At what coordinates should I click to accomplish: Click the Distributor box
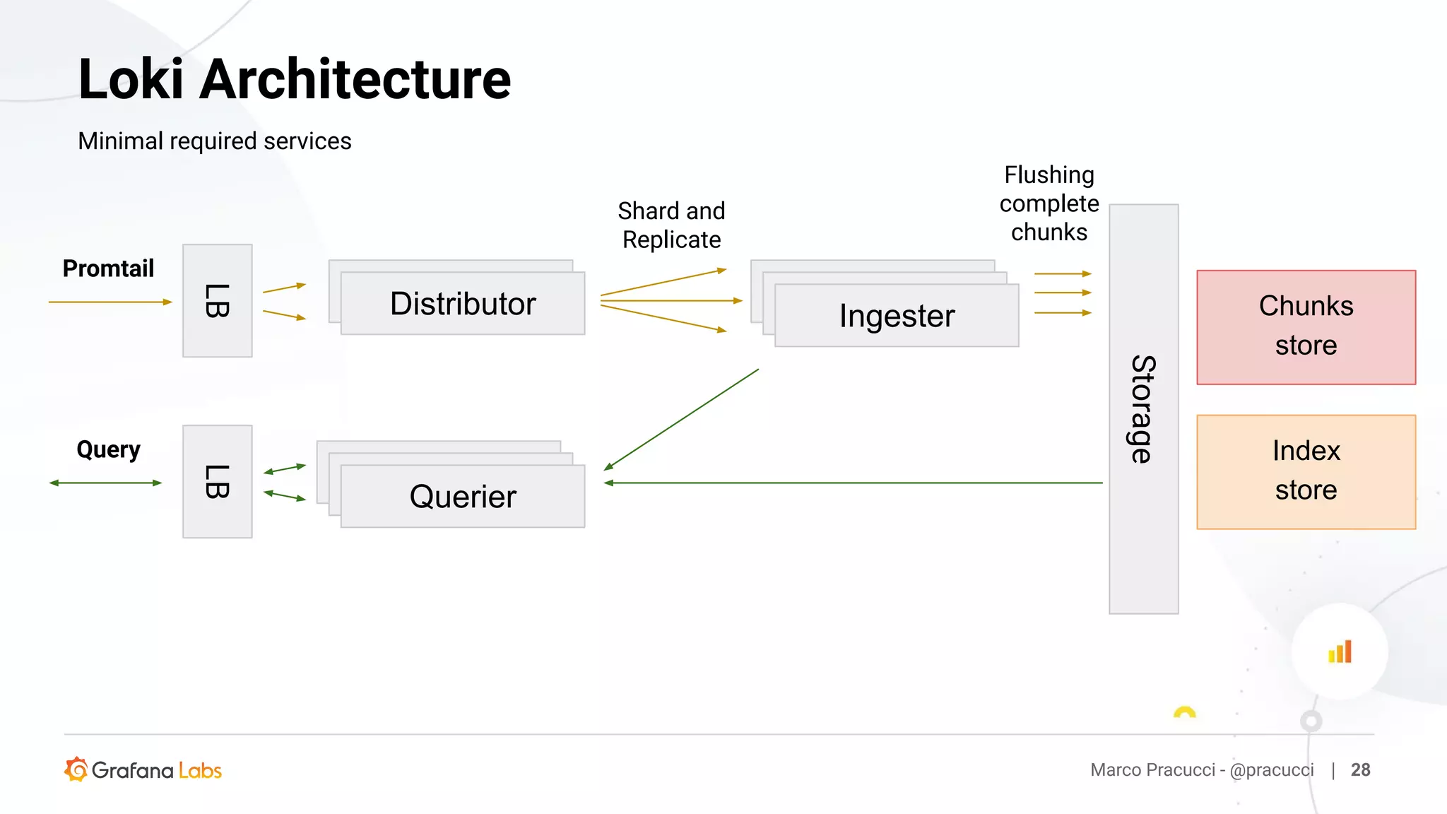463,304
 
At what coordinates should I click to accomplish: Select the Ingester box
897,316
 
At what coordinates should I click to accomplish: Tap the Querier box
463,497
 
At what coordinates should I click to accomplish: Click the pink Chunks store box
1306,327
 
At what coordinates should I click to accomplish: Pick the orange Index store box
1306,471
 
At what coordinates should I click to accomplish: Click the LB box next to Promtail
217,301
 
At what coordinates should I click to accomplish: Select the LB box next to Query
217,482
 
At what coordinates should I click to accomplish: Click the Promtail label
108,269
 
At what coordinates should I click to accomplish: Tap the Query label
108,449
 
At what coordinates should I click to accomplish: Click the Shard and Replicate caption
671,225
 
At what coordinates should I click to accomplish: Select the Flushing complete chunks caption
1049,203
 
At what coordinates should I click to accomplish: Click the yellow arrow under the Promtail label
110,302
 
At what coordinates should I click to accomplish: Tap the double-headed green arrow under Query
106,483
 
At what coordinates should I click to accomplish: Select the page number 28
1360,769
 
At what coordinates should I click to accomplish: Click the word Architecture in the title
355,79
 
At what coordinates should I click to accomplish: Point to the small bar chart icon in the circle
1340,651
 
